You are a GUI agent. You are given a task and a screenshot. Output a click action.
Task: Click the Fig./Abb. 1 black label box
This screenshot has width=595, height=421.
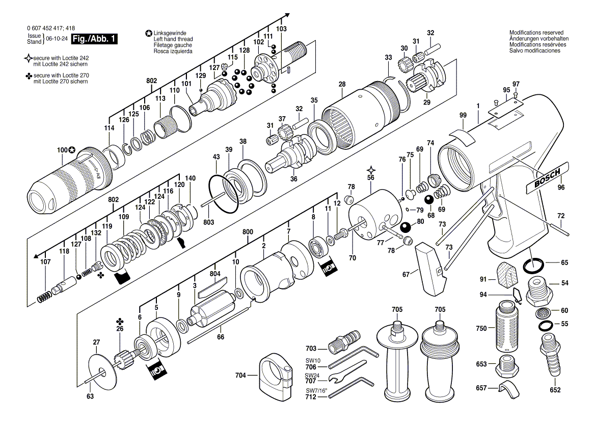95,39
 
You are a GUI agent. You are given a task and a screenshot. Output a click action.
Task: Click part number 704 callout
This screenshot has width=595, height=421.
240,376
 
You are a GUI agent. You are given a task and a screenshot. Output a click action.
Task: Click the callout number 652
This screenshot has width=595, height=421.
555,390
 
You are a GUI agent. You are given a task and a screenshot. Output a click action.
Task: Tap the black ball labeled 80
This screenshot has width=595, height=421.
406,227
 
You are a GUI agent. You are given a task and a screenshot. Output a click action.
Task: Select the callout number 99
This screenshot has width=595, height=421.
463,116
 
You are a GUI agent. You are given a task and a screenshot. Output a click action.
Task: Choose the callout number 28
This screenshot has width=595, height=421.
342,84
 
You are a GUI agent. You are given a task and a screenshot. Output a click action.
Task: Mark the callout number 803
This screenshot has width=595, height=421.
209,223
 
